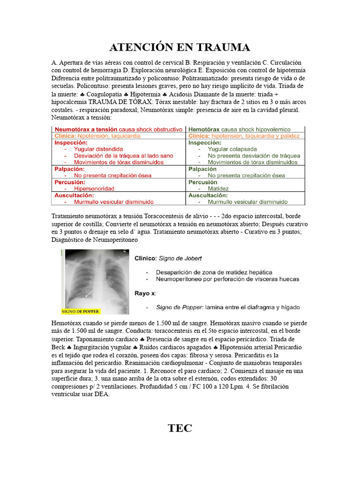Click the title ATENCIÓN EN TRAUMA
(180, 47)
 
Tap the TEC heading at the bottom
(180, 427)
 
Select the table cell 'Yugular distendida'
(98, 149)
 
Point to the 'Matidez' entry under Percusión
(218, 188)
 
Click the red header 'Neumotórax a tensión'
(86, 129)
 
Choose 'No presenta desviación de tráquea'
(254, 156)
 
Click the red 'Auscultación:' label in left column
(74, 195)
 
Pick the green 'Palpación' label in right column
(202, 169)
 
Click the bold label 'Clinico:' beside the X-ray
(146, 258)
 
